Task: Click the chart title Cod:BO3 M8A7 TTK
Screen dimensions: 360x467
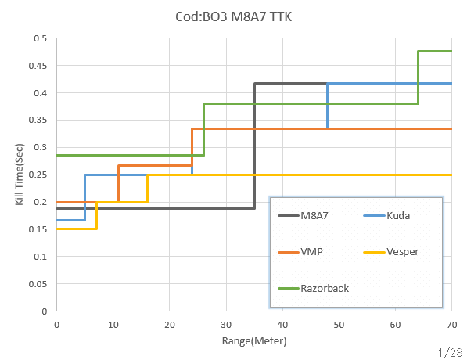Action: tap(233, 16)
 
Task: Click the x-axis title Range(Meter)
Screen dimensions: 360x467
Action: tap(254, 341)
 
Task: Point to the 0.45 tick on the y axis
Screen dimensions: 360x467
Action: tap(39, 66)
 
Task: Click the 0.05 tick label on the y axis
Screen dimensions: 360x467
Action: tap(39, 283)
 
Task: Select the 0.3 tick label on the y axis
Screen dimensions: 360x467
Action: tap(41, 147)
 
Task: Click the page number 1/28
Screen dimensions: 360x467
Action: tap(452, 353)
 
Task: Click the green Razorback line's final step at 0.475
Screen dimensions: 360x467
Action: tap(435, 52)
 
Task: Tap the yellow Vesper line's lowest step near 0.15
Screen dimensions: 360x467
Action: tap(76, 229)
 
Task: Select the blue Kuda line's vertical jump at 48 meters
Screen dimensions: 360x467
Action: tap(327, 106)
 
